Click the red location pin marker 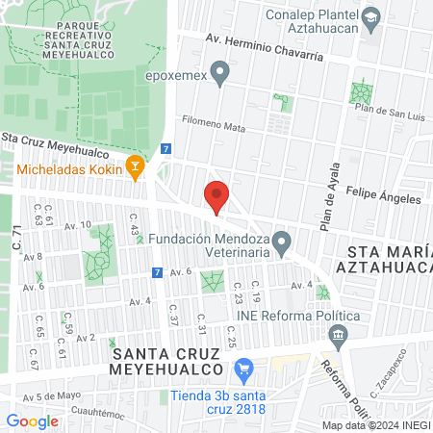216,196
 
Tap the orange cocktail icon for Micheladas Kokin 136,169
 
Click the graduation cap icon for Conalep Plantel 370,16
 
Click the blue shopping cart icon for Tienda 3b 244,368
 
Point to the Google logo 32,420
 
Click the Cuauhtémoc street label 98,415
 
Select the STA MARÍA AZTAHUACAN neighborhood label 384,257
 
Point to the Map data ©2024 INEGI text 376,425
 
